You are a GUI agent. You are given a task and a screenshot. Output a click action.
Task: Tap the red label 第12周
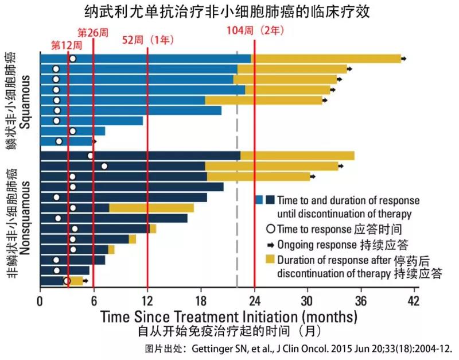pos(64,45)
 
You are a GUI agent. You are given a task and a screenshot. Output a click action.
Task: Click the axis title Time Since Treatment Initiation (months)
pos(229,316)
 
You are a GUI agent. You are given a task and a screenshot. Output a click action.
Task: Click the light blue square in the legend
pos(259,200)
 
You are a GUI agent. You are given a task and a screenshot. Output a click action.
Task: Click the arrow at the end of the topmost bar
pos(404,59)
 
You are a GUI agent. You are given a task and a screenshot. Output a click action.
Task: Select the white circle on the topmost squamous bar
pos(72,59)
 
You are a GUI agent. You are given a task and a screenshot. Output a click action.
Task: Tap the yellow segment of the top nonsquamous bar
pos(297,156)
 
